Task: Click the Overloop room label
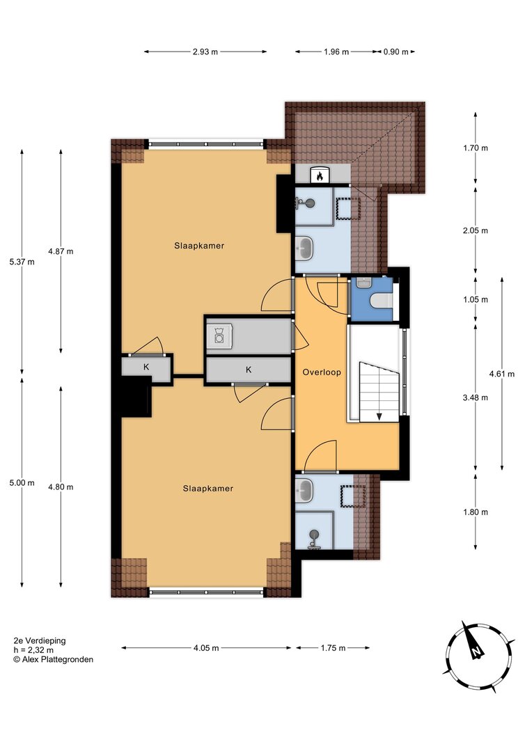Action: pos(322,372)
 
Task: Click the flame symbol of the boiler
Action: pos(320,177)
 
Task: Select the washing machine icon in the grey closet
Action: pos(219,335)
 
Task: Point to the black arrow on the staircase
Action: pos(379,416)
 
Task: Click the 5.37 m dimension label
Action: pos(22,262)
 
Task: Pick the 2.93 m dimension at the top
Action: pos(205,52)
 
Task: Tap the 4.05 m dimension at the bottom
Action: pos(206,648)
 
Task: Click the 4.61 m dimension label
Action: pos(502,374)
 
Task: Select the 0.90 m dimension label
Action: pos(395,52)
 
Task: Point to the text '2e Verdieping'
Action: pos(40,641)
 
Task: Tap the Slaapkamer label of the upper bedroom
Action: pos(199,246)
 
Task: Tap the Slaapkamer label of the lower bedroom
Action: pos(207,489)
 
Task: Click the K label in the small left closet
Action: pos(146,367)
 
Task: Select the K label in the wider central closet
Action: pos(249,370)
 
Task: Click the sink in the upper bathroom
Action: pos(304,248)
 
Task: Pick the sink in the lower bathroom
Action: pos(304,491)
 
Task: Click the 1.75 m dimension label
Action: pos(333,648)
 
